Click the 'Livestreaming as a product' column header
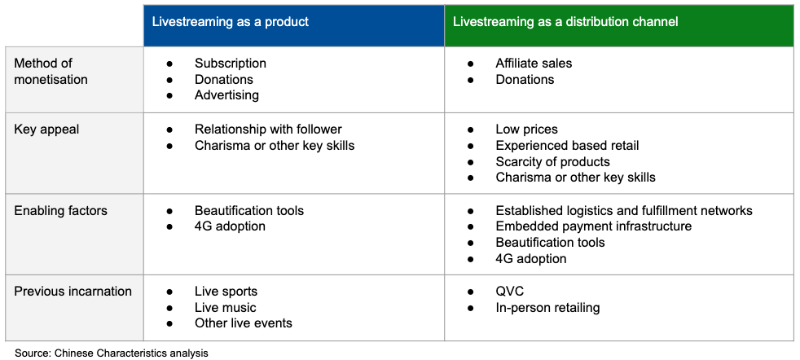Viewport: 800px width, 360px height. coord(231,23)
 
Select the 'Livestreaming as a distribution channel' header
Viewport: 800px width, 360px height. coord(565,23)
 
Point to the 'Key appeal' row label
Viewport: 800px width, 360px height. coord(46,130)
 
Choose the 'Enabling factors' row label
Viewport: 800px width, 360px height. coord(61,210)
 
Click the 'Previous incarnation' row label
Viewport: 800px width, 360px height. coord(73,291)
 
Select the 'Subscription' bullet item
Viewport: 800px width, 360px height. coord(230,64)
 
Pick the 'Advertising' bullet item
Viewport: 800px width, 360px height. coord(226,94)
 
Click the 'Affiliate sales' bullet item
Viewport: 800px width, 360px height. coord(534,64)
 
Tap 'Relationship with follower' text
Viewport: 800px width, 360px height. coord(268,130)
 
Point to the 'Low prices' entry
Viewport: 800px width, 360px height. coord(526,130)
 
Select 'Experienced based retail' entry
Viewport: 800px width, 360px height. coord(567,146)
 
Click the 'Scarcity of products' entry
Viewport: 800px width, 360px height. coord(552,161)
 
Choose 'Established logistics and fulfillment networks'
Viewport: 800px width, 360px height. coord(624,210)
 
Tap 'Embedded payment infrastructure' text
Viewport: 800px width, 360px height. coord(593,226)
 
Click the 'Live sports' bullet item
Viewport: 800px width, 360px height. coord(226,291)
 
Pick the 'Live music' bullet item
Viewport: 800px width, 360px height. coord(225,308)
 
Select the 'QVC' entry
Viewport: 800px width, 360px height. coord(510,291)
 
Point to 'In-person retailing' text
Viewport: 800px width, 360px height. coord(547,308)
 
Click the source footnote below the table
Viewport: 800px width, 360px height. coord(112,353)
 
